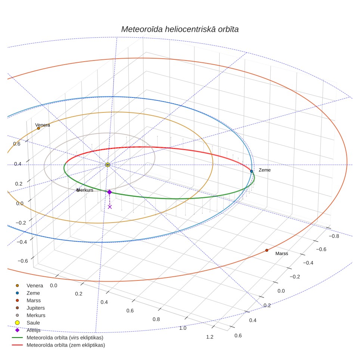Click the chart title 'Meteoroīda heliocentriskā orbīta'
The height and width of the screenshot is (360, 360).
click(180, 30)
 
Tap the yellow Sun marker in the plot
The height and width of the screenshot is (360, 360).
click(108, 165)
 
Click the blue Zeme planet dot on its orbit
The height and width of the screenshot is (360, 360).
click(251, 171)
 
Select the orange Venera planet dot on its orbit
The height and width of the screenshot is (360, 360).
click(38, 128)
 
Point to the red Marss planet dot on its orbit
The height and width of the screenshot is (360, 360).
click(267, 250)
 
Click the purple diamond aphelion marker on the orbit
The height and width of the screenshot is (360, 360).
click(109, 192)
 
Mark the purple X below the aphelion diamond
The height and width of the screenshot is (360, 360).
click(110, 207)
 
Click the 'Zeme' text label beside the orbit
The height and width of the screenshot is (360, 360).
click(264, 170)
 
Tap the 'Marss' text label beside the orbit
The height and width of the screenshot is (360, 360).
click(282, 254)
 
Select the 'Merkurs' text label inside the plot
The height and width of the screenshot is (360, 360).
click(85, 190)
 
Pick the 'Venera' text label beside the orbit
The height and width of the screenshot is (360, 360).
click(43, 125)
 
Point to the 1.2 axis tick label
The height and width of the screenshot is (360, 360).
click(210, 337)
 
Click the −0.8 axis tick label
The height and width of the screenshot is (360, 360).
click(334, 236)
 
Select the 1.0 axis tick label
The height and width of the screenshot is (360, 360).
click(183, 328)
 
